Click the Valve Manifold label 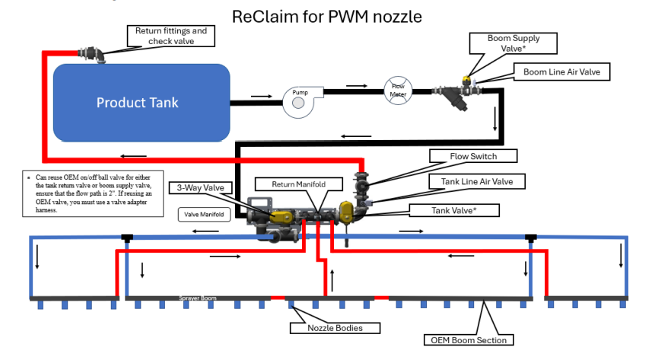coord(203,215)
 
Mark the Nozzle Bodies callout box coord(323,328)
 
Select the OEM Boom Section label coord(469,339)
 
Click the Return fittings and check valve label coord(170,36)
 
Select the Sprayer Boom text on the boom coord(198,298)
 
